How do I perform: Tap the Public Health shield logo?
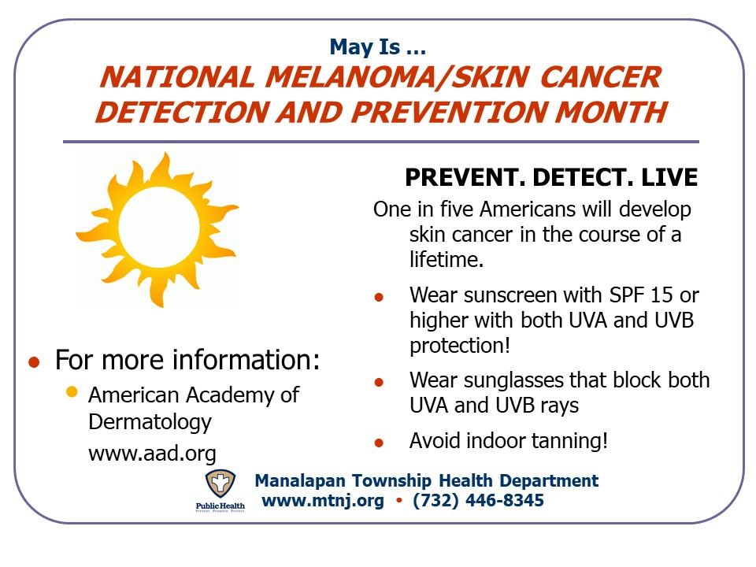[220, 484]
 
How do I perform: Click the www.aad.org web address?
[152, 454]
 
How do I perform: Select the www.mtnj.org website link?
[323, 501]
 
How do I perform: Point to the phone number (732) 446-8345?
[478, 501]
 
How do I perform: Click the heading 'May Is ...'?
[377, 47]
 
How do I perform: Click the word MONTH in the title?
[611, 113]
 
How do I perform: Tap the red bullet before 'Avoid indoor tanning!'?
[379, 443]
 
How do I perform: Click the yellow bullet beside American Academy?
[72, 391]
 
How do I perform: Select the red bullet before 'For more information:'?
[34, 362]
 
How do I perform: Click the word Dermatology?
[150, 423]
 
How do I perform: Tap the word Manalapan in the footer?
[300, 481]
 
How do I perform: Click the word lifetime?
[447, 259]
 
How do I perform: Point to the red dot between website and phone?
[398, 501]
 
